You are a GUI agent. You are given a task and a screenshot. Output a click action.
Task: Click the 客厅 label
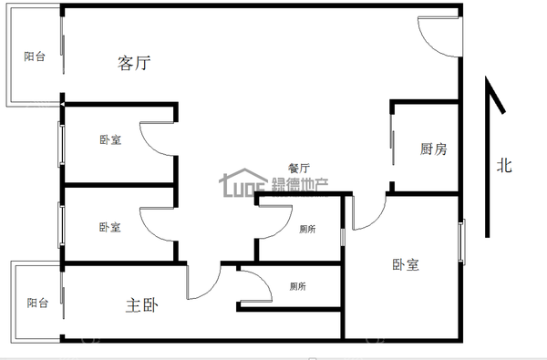[x=134, y=63]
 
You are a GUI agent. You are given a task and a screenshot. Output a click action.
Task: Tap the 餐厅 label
[x=299, y=169]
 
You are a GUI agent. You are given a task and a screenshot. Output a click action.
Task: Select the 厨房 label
[x=433, y=149]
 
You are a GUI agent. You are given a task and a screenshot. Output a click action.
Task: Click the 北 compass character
[x=503, y=166]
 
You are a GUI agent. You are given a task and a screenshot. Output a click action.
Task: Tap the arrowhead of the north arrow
[x=492, y=94]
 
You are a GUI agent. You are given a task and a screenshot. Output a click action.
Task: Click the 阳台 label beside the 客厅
[x=35, y=57]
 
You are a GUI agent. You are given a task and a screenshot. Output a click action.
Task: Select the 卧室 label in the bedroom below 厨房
[x=406, y=265]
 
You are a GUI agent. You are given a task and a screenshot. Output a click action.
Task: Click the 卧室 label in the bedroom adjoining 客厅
[x=109, y=140]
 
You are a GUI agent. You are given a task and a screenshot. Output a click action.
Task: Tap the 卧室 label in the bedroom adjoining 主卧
[x=109, y=228]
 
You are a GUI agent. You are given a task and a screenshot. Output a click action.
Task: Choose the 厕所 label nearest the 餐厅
[x=307, y=230]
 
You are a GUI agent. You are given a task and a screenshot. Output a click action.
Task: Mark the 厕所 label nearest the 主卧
[x=297, y=286]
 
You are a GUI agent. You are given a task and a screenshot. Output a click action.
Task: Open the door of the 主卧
[x=200, y=283]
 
